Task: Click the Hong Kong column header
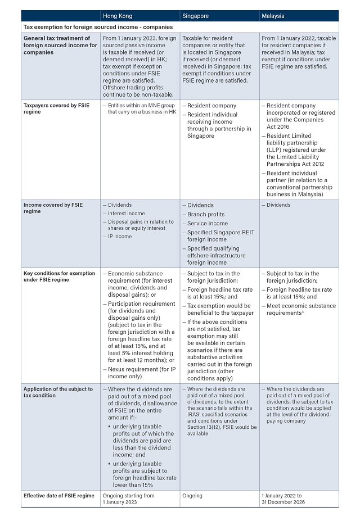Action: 119,16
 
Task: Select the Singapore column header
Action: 195,16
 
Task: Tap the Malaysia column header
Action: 273,16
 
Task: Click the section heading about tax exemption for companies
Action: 97,26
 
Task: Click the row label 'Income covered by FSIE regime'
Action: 53,208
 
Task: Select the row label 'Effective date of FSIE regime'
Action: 59,496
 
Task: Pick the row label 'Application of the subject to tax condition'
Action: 58,392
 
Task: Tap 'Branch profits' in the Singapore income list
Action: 206,214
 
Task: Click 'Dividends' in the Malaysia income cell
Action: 278,205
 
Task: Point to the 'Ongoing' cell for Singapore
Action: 192,496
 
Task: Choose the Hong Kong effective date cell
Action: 128,499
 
